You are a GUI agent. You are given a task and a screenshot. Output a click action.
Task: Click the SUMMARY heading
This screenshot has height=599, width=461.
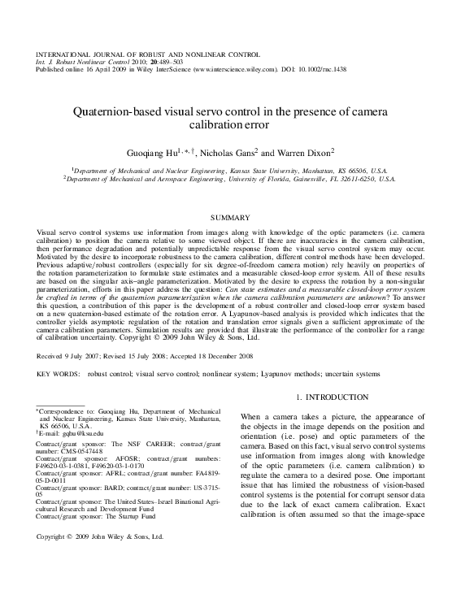tap(230, 218)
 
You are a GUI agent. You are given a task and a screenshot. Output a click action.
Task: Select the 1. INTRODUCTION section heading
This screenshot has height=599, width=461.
tap(332, 397)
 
